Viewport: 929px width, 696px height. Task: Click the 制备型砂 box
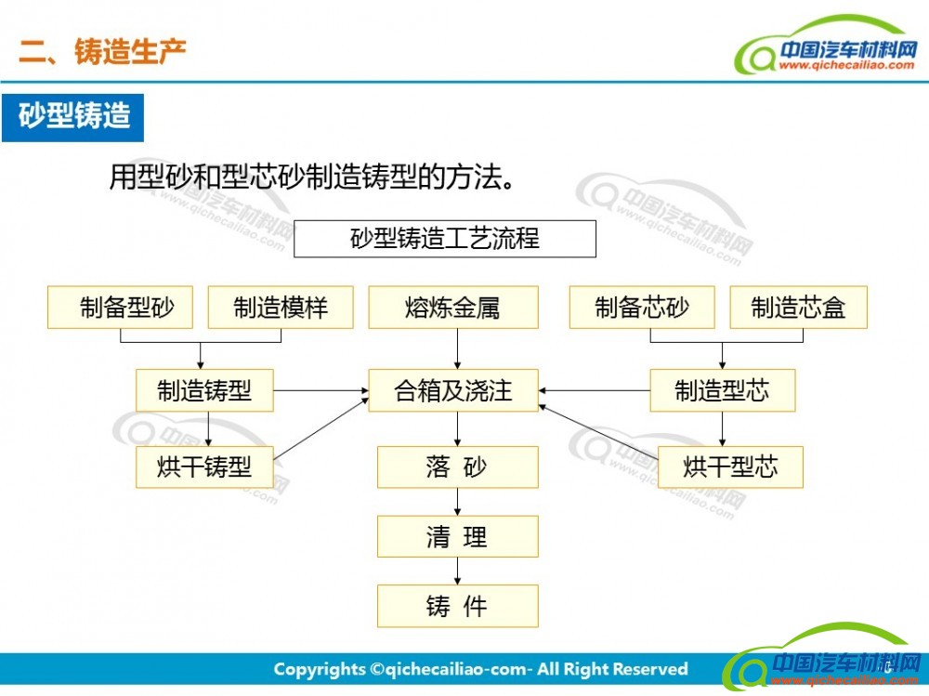tap(120, 307)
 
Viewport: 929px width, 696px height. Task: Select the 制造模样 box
tap(281, 307)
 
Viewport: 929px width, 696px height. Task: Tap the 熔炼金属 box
tap(453, 307)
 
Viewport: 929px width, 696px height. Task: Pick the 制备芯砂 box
tap(642, 307)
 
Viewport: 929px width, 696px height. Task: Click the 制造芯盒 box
tap(799, 307)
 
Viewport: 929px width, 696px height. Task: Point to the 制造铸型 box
tap(204, 390)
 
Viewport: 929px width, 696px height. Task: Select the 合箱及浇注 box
tap(453, 390)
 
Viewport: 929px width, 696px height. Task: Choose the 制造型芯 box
tap(722, 390)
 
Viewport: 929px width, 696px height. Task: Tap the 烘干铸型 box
tap(204, 467)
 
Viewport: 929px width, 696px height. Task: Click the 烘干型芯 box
tap(730, 467)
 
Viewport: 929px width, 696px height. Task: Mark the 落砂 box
tap(457, 467)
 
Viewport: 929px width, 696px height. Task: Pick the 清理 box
tap(457, 536)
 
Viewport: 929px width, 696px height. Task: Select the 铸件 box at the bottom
tap(457, 606)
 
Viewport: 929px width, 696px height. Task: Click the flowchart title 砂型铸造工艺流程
tap(445, 239)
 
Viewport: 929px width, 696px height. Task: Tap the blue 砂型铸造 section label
tap(72, 117)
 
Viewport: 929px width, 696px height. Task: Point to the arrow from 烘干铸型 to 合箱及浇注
tap(321, 429)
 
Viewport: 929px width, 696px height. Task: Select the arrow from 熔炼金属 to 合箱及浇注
tap(457, 348)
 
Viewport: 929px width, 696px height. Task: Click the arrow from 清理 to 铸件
tap(457, 571)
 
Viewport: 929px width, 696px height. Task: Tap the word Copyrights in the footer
tap(320, 670)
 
